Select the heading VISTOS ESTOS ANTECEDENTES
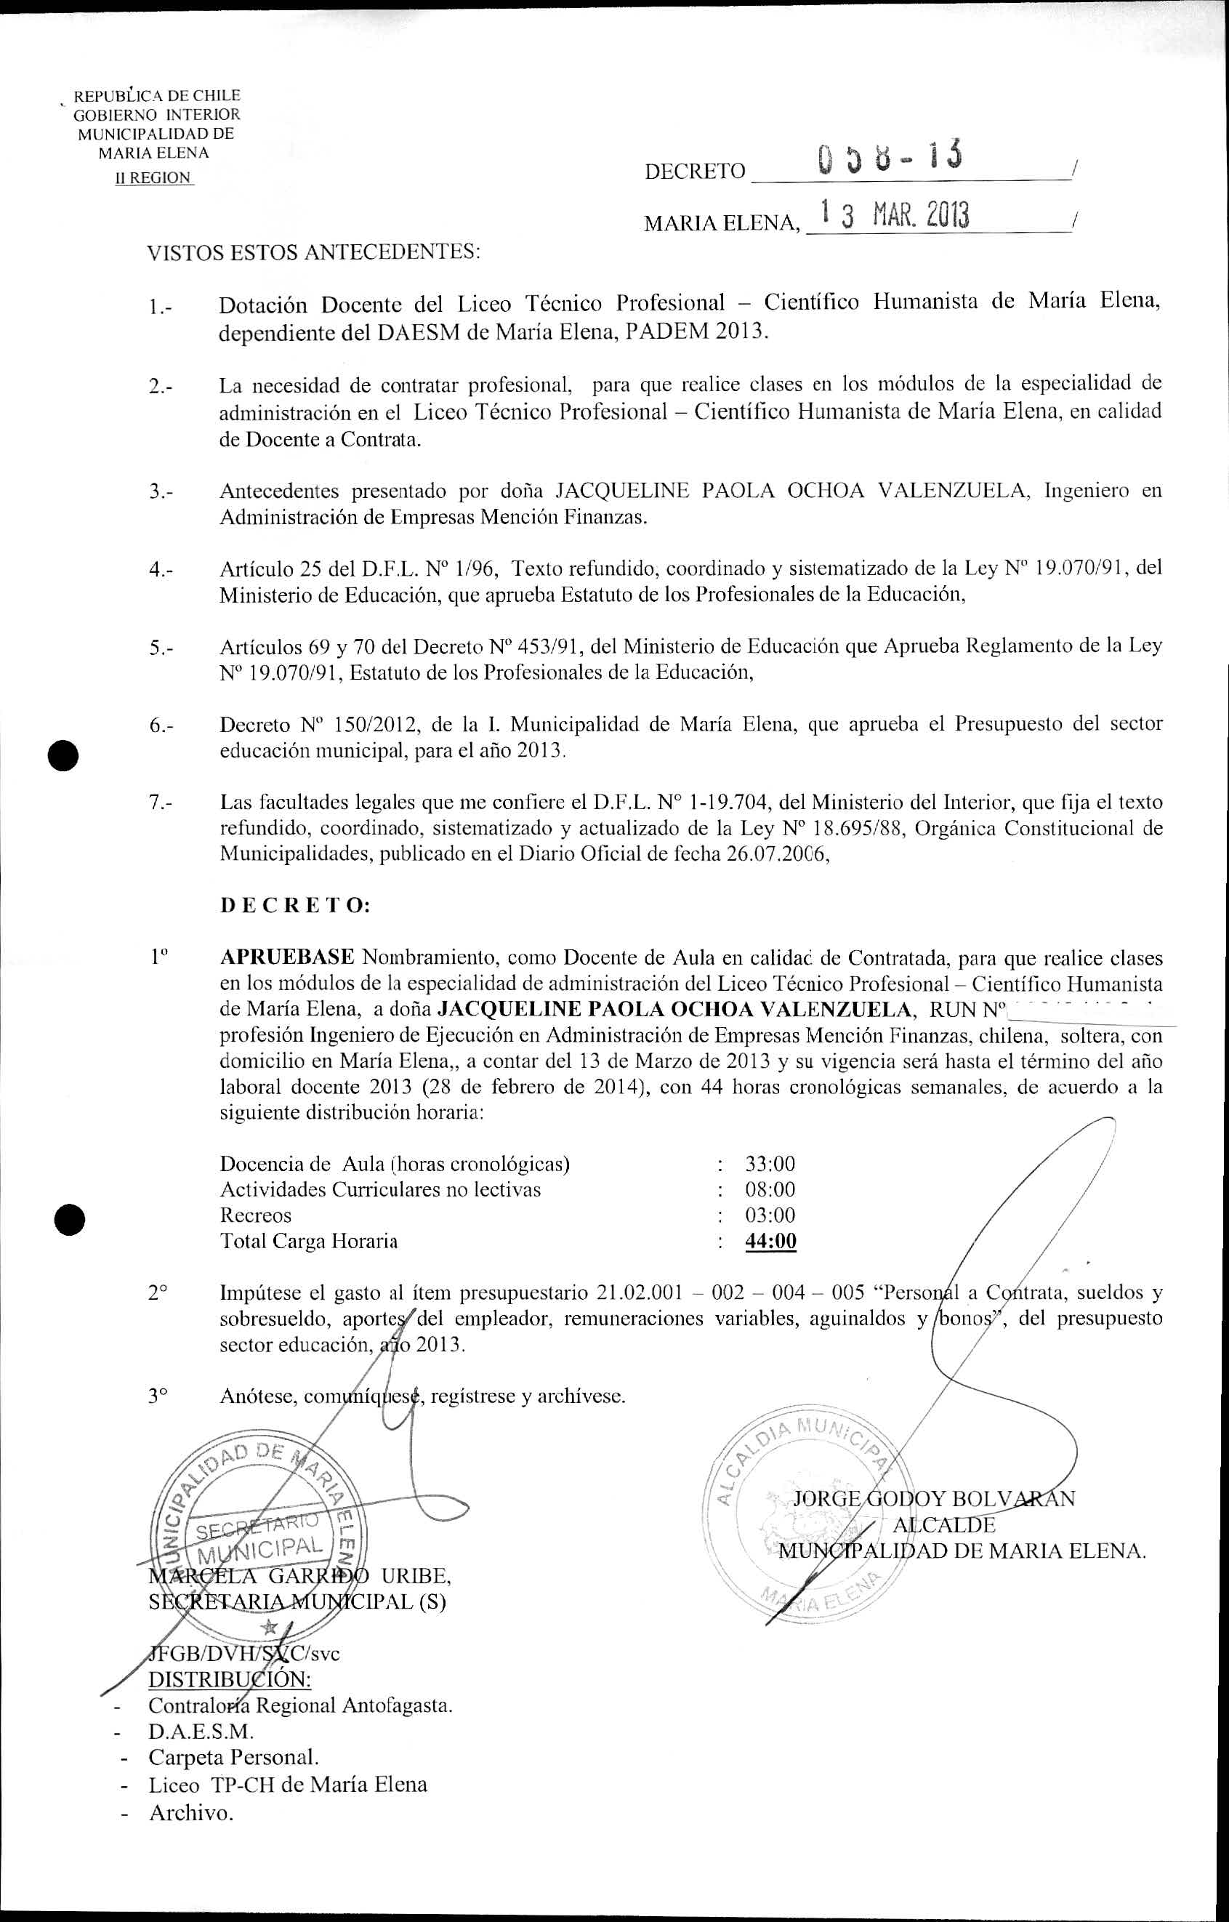click(x=314, y=253)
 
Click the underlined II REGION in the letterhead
click(x=154, y=178)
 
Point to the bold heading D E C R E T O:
click(x=295, y=906)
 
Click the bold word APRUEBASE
click(x=287, y=958)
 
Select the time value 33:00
click(x=770, y=1164)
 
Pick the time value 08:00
click(x=770, y=1189)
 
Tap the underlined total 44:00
click(x=770, y=1241)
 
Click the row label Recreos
click(x=255, y=1215)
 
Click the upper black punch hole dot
click(x=63, y=755)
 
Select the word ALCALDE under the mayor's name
click(x=944, y=1524)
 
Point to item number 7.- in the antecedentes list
click(x=161, y=802)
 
